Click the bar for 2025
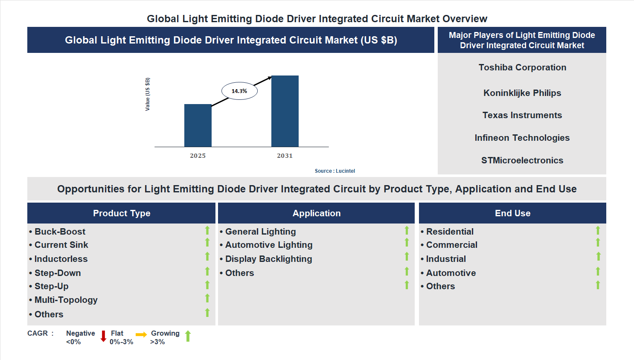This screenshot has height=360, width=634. pos(198,125)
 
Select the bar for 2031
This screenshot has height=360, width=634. pos(285,111)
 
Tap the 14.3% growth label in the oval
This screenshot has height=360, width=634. pos(239,91)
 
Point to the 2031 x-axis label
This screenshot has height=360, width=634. pos(285,156)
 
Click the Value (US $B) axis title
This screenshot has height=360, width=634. pos(148,94)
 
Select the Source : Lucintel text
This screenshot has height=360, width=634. pos(334,171)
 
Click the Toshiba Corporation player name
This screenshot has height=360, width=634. pos(522,67)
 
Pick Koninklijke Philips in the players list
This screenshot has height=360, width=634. pos(522,93)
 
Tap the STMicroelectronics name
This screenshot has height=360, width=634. pos(522,160)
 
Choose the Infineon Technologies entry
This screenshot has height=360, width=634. pos(522,138)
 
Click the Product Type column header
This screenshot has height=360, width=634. pos(122,213)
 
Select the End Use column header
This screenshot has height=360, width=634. pos(512,213)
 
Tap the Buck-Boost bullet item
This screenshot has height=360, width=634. pos(60,232)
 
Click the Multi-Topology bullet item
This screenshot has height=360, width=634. pos(66,300)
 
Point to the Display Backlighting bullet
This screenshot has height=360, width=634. pos(268,259)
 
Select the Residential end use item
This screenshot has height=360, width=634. pos(450,232)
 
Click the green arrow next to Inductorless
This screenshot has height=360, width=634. pos(207,256)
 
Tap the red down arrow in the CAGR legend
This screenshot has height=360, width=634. pos(103,336)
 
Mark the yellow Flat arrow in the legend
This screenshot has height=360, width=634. pos(141,335)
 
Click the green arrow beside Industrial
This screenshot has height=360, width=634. pos(599,256)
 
